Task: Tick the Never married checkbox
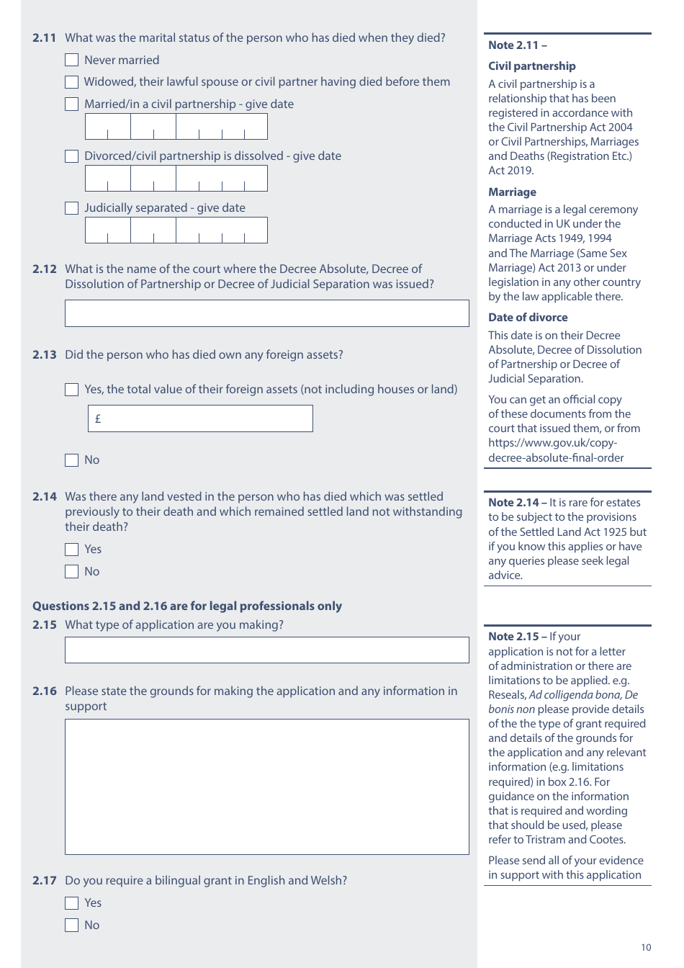point(71,60)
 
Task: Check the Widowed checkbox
point(71,82)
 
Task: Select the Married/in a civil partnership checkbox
point(71,104)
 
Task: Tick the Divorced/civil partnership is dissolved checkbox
point(71,156)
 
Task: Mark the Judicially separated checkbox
point(71,208)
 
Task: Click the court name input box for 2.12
point(266,313)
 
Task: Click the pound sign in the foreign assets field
point(98,418)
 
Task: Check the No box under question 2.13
point(71,460)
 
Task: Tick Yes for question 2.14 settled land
point(71,550)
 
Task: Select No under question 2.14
point(71,572)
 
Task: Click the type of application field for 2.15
point(266,650)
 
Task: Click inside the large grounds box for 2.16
point(266,786)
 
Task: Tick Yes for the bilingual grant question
point(71,903)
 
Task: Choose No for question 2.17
point(71,926)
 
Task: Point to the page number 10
point(646,947)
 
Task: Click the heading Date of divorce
point(528,318)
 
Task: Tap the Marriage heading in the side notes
point(512,192)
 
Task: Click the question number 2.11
point(44,38)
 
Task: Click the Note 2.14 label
point(513,503)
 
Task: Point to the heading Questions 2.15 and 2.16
point(187,606)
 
